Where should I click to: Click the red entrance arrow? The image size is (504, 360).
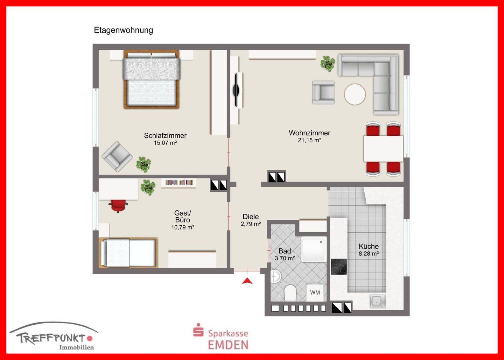click(247, 281)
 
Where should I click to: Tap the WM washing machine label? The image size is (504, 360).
click(315, 292)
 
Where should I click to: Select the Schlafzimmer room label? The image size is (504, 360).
click(165, 136)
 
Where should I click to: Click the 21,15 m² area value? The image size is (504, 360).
click(309, 140)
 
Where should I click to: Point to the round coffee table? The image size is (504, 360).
click(355, 94)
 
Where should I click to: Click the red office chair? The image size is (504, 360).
click(118, 205)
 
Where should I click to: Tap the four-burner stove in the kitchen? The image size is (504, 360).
click(339, 267)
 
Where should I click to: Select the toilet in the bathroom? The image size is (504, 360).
click(290, 293)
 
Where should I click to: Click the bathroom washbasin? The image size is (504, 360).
click(276, 276)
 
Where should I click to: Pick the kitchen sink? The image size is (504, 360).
click(378, 301)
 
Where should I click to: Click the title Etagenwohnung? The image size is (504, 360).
click(123, 30)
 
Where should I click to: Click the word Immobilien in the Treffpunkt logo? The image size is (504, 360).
click(77, 347)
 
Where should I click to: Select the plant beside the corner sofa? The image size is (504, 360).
click(328, 64)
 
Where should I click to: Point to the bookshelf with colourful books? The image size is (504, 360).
click(179, 183)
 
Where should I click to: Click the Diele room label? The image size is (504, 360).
click(251, 217)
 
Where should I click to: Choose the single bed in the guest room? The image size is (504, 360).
click(128, 253)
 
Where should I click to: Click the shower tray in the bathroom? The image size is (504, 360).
click(314, 249)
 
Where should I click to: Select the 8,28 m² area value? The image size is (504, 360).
click(369, 254)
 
